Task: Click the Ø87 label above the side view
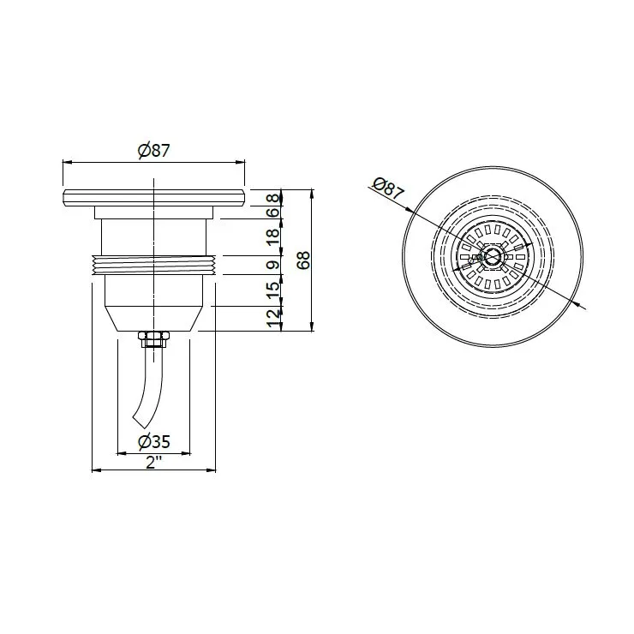pos(153,151)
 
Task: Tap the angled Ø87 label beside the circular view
pos(388,188)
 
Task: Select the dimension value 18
pos(273,237)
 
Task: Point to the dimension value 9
pos(273,266)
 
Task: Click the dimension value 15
pos(273,290)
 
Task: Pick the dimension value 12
pos(273,319)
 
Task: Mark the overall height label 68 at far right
pos(302,260)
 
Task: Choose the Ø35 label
pos(153,441)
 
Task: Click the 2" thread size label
pos(153,461)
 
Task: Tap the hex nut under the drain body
pos(153,338)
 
